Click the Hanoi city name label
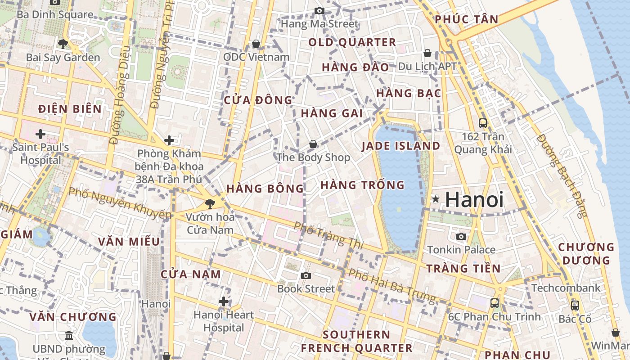click(474, 199)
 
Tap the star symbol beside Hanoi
click(435, 199)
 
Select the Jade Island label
click(400, 146)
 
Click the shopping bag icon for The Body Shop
click(313, 144)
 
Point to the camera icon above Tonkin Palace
click(461, 236)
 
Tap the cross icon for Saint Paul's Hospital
click(40, 134)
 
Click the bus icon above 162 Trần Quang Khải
click(483, 123)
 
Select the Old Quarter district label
click(352, 43)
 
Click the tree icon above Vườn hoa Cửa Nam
click(210, 203)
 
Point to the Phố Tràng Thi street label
click(328, 235)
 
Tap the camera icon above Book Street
click(306, 275)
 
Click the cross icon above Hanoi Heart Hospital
click(224, 301)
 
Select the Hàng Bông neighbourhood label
click(265, 189)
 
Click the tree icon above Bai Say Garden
click(63, 44)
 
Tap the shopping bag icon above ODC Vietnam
click(256, 44)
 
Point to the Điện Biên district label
click(70, 109)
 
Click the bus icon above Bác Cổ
click(575, 305)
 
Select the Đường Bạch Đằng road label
click(562, 175)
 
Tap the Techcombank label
click(566, 288)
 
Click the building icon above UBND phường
click(69, 335)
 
